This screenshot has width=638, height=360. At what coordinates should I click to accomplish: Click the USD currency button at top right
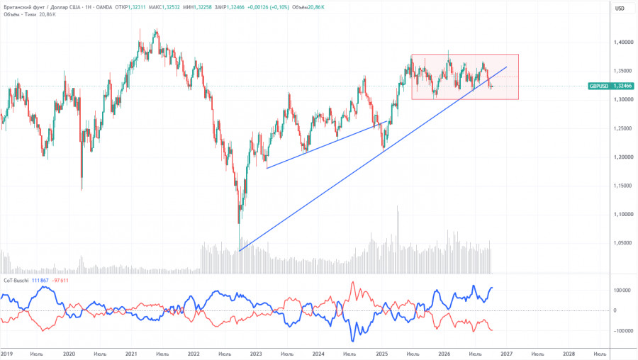(620, 9)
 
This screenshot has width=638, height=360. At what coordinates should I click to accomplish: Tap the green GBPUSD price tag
(611, 86)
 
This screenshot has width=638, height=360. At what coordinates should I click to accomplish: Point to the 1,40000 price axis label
(623, 43)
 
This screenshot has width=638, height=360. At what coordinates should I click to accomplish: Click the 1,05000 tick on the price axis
(623, 243)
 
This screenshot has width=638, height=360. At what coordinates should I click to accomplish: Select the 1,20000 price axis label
(623, 157)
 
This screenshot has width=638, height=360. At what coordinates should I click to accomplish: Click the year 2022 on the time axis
(194, 354)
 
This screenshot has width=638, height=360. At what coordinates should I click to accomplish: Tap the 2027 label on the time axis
(506, 354)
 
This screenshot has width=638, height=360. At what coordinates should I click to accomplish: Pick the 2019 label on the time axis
(7, 354)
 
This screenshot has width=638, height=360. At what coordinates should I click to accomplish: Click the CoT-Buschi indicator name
(16, 281)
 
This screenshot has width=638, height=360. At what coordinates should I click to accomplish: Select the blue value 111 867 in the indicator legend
(40, 281)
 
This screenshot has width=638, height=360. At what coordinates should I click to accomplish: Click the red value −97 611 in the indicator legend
(60, 281)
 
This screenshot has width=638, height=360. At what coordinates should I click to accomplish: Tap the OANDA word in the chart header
(103, 7)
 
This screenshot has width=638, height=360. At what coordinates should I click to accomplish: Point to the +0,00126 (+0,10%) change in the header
(268, 7)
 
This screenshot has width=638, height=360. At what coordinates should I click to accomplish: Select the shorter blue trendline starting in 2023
(327, 145)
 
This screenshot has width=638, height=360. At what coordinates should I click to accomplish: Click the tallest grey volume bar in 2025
(398, 240)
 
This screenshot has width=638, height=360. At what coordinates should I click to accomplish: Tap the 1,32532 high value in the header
(171, 7)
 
